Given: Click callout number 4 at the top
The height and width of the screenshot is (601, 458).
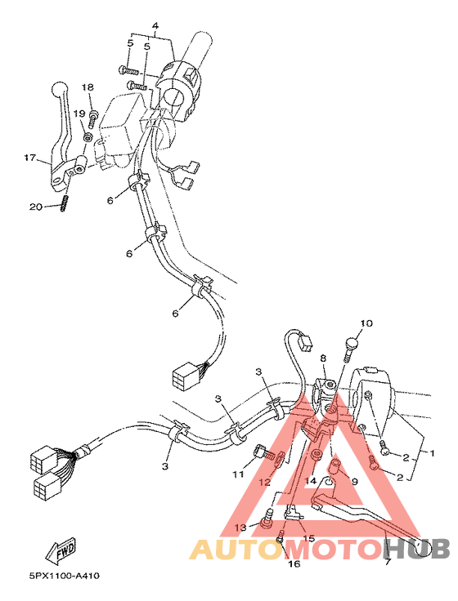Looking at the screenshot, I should pyautogui.click(x=156, y=26).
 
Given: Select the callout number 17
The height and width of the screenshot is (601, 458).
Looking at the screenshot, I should pyautogui.click(x=29, y=158).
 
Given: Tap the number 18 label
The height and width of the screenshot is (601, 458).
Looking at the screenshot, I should pyautogui.click(x=88, y=87).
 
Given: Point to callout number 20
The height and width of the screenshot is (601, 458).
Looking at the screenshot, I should pyautogui.click(x=35, y=207).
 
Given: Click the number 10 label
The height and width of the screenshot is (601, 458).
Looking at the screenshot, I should pyautogui.click(x=366, y=323).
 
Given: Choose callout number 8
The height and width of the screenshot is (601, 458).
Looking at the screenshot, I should pyautogui.click(x=323, y=358).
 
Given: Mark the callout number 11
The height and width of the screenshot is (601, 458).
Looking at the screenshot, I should pyautogui.click(x=238, y=474).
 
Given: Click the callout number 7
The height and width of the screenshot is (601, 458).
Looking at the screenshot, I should pyautogui.click(x=387, y=563).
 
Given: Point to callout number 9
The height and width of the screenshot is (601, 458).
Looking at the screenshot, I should pyautogui.click(x=354, y=482).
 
